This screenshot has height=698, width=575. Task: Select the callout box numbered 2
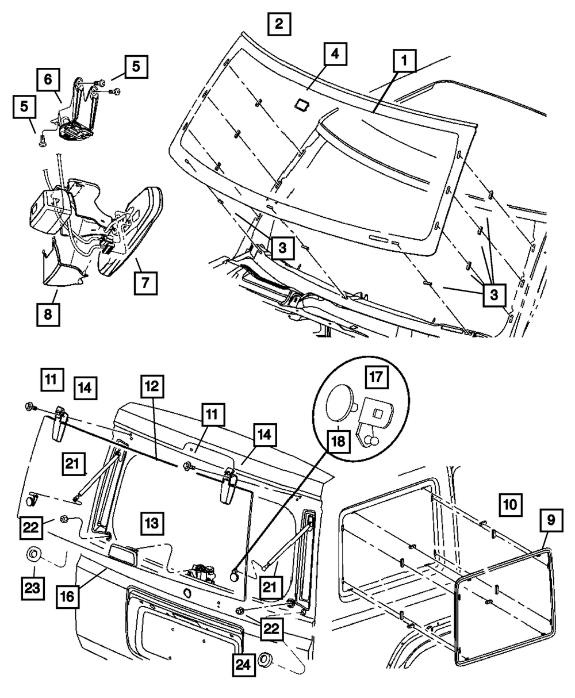click(279, 25)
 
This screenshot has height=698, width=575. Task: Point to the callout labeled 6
click(48, 79)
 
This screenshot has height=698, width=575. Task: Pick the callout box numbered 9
click(550, 520)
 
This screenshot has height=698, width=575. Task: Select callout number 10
click(509, 504)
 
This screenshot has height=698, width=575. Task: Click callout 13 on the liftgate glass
click(151, 524)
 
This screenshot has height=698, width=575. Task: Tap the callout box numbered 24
click(244, 667)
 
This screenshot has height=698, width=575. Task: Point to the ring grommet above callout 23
click(33, 554)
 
